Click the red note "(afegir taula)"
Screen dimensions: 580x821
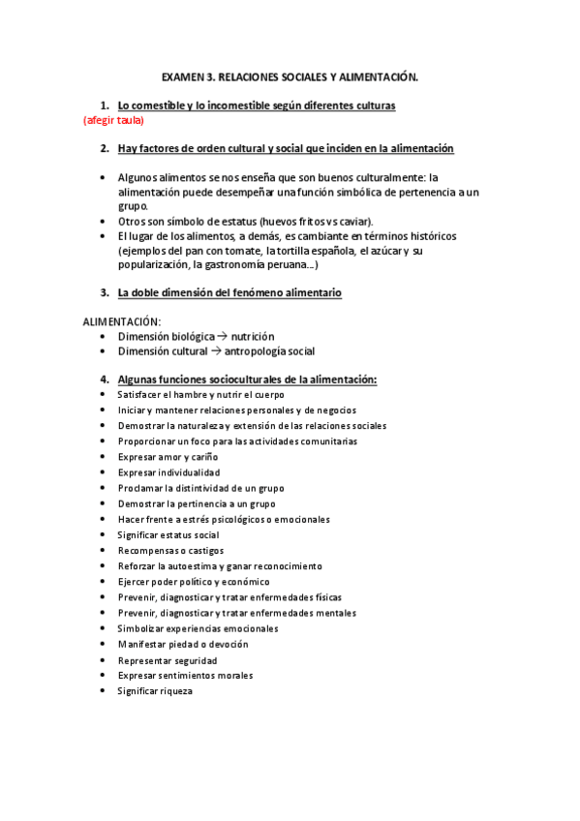click(x=113, y=121)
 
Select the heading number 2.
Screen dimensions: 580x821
click(x=104, y=148)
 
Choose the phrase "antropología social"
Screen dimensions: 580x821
click(x=270, y=350)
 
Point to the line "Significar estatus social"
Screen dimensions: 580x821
click(x=168, y=534)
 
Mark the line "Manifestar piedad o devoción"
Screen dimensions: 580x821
click(x=182, y=644)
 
